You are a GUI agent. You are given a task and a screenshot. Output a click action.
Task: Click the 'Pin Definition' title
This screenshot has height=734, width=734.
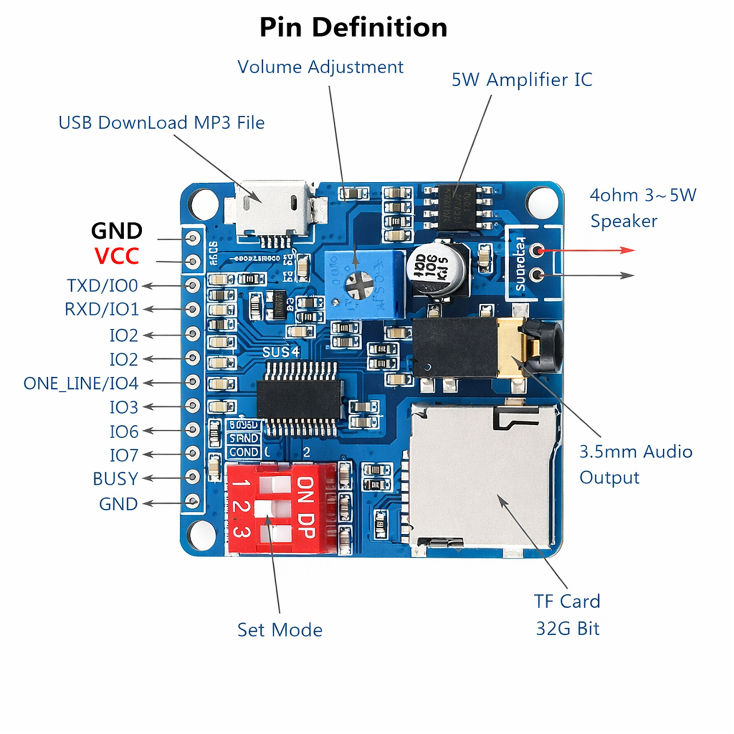[353, 27]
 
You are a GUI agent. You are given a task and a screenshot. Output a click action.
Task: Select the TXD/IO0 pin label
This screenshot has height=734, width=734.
[102, 286]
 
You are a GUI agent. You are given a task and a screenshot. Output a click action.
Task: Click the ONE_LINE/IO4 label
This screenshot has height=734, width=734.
[81, 383]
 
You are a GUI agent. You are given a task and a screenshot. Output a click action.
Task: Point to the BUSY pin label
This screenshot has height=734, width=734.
[115, 479]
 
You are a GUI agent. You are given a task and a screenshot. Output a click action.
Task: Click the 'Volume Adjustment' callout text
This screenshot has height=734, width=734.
[320, 67]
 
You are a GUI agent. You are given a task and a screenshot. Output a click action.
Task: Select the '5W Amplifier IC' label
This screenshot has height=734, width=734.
[521, 80]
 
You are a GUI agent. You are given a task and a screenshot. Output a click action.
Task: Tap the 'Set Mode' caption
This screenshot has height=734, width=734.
[280, 630]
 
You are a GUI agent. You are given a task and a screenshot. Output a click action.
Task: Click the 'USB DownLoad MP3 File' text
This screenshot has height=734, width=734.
[162, 123]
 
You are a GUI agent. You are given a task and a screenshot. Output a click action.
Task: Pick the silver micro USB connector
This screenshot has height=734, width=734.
[272, 209]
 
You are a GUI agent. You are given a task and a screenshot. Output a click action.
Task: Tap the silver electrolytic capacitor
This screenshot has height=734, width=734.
[437, 269]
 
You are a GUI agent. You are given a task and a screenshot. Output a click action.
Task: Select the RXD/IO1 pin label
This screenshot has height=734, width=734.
[101, 309]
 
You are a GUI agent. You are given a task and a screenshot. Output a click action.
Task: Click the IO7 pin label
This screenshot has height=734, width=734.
[124, 455]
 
